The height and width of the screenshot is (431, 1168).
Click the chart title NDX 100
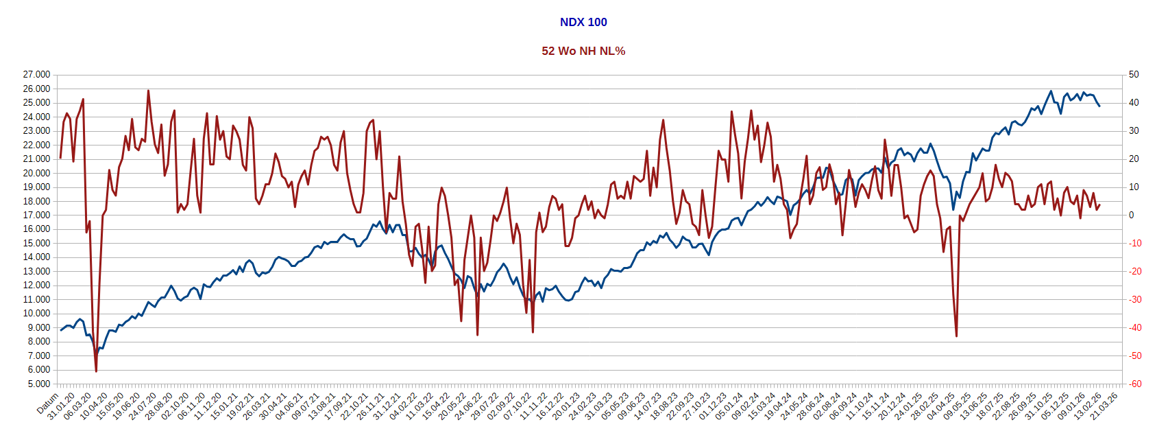point(583,22)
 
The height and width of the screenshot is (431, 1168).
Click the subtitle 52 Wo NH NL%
point(583,51)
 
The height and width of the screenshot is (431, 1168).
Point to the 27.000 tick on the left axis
point(36,74)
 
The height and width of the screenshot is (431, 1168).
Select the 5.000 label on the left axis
point(38,384)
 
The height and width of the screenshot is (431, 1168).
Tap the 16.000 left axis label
point(36,229)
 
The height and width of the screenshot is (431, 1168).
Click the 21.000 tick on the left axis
point(36,159)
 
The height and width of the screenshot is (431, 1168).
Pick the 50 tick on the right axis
point(1134,74)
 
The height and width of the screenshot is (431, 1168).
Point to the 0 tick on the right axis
point(1132,215)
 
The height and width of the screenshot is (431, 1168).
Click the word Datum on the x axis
point(48,405)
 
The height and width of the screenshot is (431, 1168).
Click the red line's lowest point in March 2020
point(96,371)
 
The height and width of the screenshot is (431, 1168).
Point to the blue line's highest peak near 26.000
point(1051,91)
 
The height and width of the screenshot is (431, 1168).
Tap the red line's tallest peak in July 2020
point(148,91)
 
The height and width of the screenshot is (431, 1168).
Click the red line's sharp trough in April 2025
point(956,336)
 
